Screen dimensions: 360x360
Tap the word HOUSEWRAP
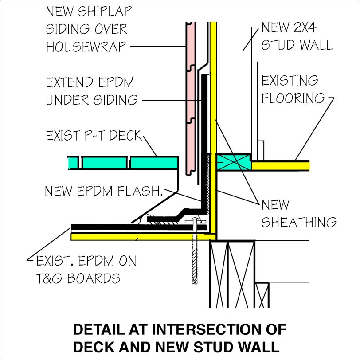pos(87,46)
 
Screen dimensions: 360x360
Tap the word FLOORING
pos(293,98)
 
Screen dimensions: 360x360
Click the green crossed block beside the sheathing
pos(234,162)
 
